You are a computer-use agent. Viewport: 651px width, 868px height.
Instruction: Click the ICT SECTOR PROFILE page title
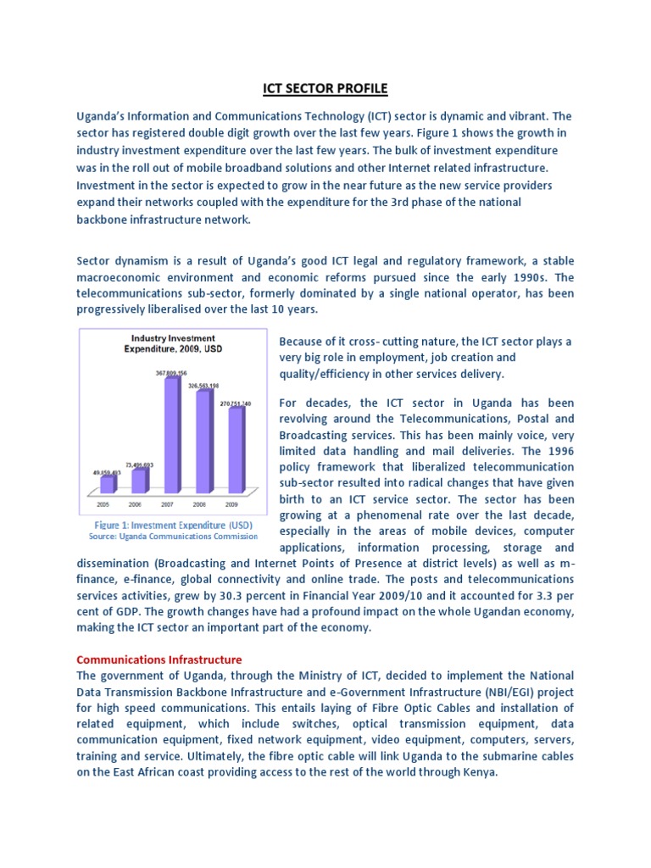tap(325, 89)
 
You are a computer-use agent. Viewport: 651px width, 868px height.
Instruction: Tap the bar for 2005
tap(107, 484)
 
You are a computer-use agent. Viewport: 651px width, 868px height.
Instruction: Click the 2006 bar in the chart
tap(139, 480)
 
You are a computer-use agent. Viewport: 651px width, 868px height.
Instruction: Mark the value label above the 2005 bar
tap(105, 471)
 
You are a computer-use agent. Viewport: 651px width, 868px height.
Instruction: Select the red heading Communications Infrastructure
tap(159, 659)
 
